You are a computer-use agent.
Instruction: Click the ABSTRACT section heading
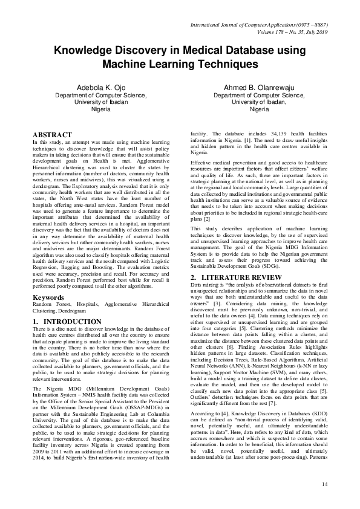[x=53, y=134]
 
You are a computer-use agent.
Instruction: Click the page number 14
[x=324, y=484]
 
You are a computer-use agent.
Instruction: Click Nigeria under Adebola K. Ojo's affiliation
[x=100, y=110]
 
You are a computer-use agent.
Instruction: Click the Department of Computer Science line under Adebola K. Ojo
[x=100, y=95]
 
